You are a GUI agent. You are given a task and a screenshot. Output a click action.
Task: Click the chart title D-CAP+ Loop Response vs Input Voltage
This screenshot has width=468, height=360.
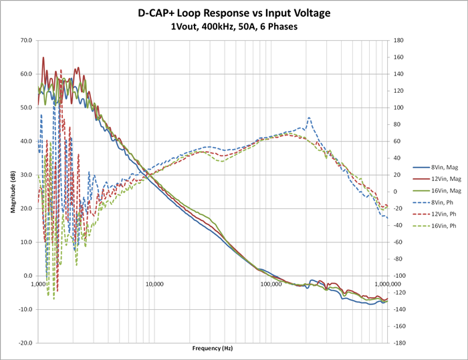click(x=234, y=13)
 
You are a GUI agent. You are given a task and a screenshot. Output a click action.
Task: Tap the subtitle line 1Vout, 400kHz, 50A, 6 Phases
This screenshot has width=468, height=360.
click(x=234, y=27)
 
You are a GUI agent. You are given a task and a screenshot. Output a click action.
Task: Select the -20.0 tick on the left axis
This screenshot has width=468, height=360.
click(x=25, y=343)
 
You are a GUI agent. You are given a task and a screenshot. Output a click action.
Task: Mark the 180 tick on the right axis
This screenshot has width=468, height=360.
click(x=397, y=40)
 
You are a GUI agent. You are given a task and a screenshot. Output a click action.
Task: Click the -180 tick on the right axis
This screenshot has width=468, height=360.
click(x=398, y=343)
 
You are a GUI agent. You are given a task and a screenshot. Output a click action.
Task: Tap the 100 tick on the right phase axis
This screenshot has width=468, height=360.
click(x=397, y=108)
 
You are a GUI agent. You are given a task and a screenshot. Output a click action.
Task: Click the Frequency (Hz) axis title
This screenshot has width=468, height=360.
click(x=213, y=349)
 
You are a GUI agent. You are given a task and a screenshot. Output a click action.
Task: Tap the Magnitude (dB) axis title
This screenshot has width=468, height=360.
click(x=12, y=191)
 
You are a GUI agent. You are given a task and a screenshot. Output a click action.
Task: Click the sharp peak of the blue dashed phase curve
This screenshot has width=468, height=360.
click(x=309, y=118)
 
